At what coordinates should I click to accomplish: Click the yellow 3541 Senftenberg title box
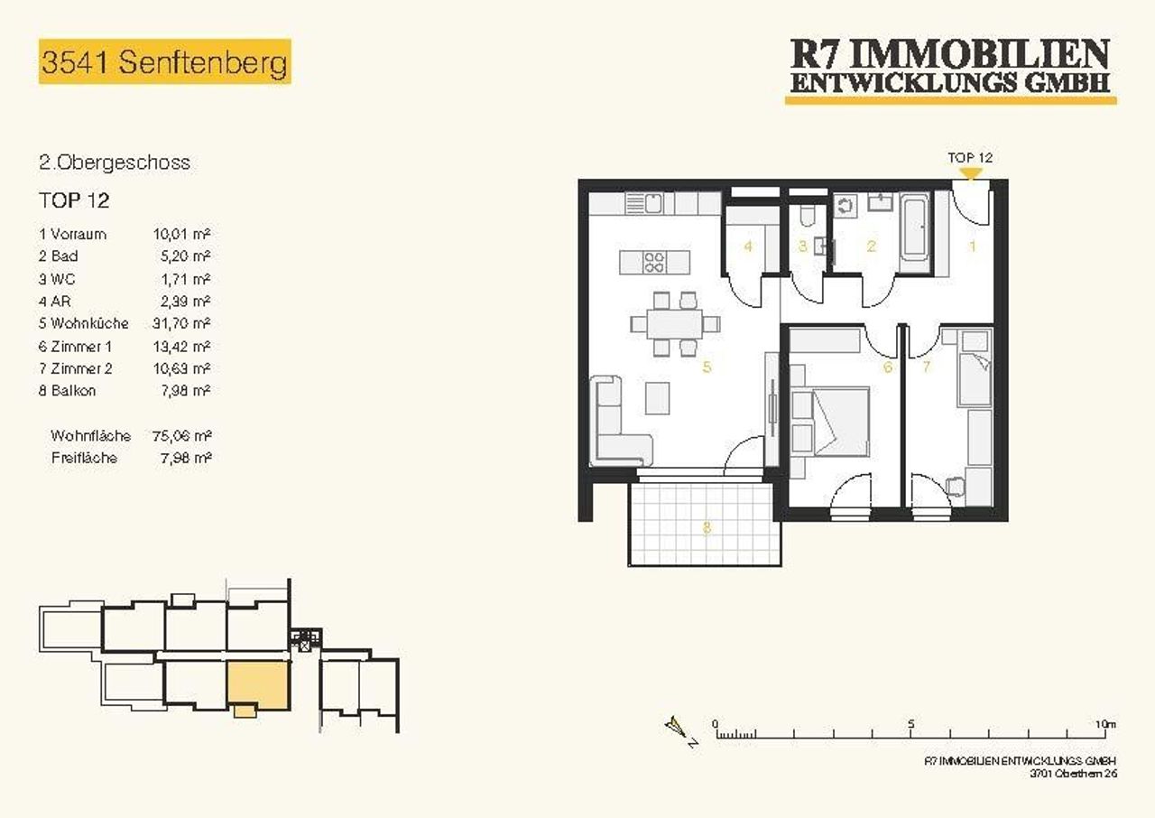165,61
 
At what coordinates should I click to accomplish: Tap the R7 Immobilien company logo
950,71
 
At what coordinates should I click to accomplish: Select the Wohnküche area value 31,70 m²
181,323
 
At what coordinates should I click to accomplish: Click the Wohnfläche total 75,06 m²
182,436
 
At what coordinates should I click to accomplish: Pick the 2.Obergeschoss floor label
115,163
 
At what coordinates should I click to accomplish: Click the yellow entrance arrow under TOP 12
970,174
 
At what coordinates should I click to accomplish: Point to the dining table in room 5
675,324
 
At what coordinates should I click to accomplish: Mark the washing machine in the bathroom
845,206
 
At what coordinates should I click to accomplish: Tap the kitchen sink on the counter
643,204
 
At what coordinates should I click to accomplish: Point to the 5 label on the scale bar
911,723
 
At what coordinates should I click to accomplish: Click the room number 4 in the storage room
748,246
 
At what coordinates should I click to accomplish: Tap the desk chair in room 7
955,486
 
